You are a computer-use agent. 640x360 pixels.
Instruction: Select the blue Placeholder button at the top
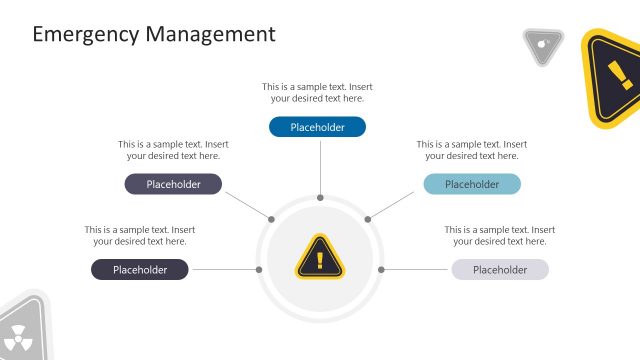[317, 127]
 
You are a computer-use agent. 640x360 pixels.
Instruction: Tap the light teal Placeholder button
[471, 184]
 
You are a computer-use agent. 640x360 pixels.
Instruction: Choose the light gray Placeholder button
[499, 270]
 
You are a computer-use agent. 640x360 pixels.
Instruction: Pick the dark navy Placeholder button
[139, 270]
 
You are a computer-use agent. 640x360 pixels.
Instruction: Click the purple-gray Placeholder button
[173, 184]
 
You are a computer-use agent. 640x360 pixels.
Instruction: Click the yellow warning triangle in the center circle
[319, 258]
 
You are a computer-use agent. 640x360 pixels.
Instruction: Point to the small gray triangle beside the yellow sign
[542, 44]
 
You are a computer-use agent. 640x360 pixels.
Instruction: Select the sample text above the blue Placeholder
[317, 93]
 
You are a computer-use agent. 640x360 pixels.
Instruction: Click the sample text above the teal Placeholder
[471, 150]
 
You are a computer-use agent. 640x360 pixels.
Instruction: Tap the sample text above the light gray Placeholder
[499, 236]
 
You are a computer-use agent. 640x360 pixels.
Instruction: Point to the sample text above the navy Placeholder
[139, 236]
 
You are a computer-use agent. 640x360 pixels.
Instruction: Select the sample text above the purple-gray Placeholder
[173, 150]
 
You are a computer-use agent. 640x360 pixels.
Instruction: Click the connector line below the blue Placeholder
[320, 165]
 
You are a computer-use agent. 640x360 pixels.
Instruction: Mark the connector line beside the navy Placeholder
[224, 270]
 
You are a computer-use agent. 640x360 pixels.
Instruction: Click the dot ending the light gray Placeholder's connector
[382, 270]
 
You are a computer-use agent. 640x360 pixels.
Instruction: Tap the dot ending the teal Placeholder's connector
[367, 219]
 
